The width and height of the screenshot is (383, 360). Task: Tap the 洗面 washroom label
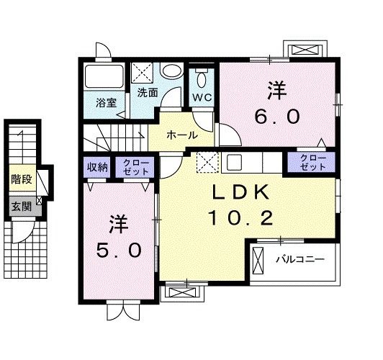coord(148,92)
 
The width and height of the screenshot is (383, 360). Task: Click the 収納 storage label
coord(99,167)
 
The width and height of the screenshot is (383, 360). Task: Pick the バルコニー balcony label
coord(300,258)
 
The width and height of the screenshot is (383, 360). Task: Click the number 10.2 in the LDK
coord(235,217)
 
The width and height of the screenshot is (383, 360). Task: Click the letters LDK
coord(240,192)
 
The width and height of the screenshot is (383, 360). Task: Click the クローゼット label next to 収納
coord(135,167)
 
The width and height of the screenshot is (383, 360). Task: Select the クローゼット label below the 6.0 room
coord(312,162)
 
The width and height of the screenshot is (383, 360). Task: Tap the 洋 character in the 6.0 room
coord(277,91)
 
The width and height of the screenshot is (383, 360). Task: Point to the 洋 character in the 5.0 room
coord(120,224)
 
